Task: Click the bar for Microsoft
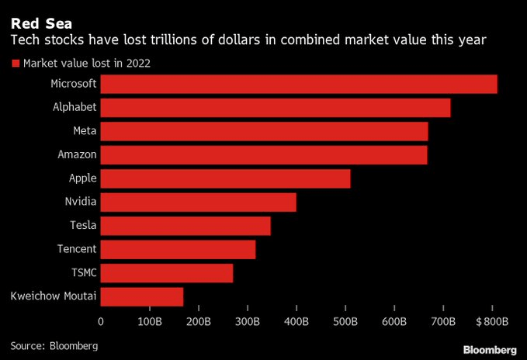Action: [x=299, y=84]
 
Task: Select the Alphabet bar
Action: [x=276, y=107]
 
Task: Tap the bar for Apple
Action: [x=225, y=178]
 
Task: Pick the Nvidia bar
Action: [x=199, y=202]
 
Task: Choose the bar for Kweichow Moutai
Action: [x=142, y=296]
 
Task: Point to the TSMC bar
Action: [x=167, y=273]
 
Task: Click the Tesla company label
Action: [x=81, y=226]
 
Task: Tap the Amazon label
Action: [x=77, y=154]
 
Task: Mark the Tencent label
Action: [x=77, y=249]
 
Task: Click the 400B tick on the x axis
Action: [x=296, y=321]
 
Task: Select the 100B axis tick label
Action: [x=149, y=321]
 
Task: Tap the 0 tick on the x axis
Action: [x=101, y=321]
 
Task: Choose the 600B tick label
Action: [x=394, y=321]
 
